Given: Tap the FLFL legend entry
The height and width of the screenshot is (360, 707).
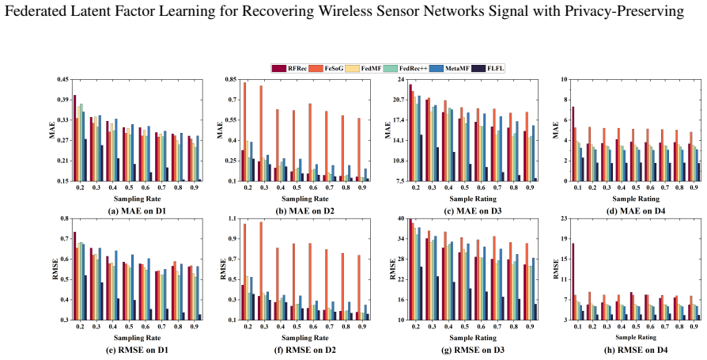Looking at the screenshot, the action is click(490, 68).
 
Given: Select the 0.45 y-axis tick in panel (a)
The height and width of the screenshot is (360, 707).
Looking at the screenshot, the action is click(62, 79).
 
